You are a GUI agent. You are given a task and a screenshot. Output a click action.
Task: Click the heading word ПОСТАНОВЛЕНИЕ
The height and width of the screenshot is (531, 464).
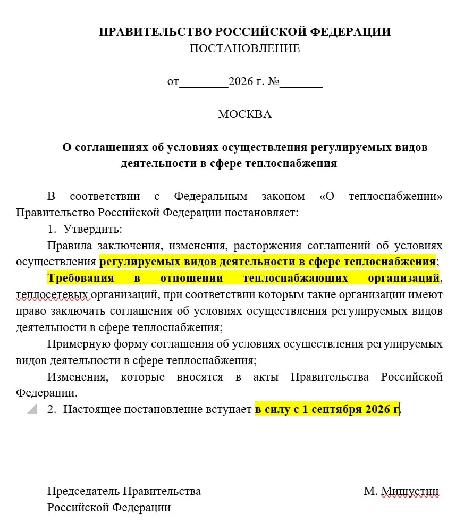(x=244, y=48)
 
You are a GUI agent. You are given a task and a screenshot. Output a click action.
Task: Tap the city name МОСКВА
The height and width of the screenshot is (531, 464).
(x=244, y=114)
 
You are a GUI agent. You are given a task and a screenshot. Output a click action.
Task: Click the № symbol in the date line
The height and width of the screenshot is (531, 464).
(x=274, y=82)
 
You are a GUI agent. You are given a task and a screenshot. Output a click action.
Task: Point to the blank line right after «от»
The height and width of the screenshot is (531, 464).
(x=204, y=83)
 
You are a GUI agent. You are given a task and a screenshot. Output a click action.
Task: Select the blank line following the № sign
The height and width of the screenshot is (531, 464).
(x=301, y=83)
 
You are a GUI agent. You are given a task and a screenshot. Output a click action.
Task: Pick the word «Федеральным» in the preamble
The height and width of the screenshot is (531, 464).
(x=210, y=196)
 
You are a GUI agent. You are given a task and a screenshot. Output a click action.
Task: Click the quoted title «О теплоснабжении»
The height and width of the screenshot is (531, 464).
(x=381, y=196)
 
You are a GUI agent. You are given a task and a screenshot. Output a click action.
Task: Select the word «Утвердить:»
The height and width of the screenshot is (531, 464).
(x=92, y=230)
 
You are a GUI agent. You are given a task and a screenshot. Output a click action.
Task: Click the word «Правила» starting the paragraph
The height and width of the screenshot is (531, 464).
(x=69, y=246)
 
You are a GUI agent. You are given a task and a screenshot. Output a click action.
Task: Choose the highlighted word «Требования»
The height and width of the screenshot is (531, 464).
(x=80, y=278)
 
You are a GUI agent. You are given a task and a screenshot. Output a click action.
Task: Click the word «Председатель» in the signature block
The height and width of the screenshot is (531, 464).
(x=84, y=491)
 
